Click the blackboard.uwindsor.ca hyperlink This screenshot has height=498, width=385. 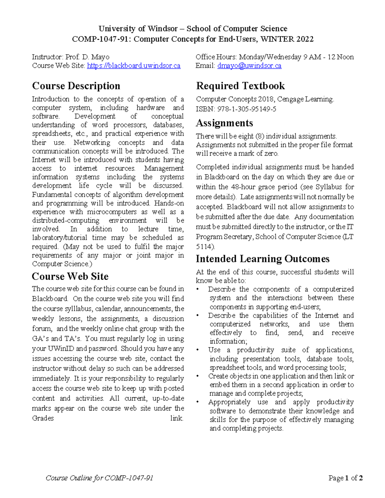[x=133, y=66]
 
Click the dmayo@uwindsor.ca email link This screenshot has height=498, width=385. [x=249, y=66]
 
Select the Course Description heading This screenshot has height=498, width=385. [x=76, y=86]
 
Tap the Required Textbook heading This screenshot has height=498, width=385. [x=240, y=86]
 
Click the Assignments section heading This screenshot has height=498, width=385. [x=224, y=123]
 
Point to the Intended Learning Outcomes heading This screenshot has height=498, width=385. [x=262, y=259]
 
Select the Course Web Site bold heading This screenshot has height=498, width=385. [x=70, y=276]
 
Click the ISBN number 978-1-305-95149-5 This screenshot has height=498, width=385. [x=247, y=109]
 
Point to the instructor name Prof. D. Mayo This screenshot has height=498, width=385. [x=87, y=57]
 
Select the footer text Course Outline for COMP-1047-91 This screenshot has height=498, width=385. [x=99, y=478]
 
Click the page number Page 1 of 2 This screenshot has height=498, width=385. [x=346, y=478]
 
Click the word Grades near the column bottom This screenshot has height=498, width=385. [x=43, y=418]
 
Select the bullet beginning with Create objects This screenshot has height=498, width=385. [x=281, y=384]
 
